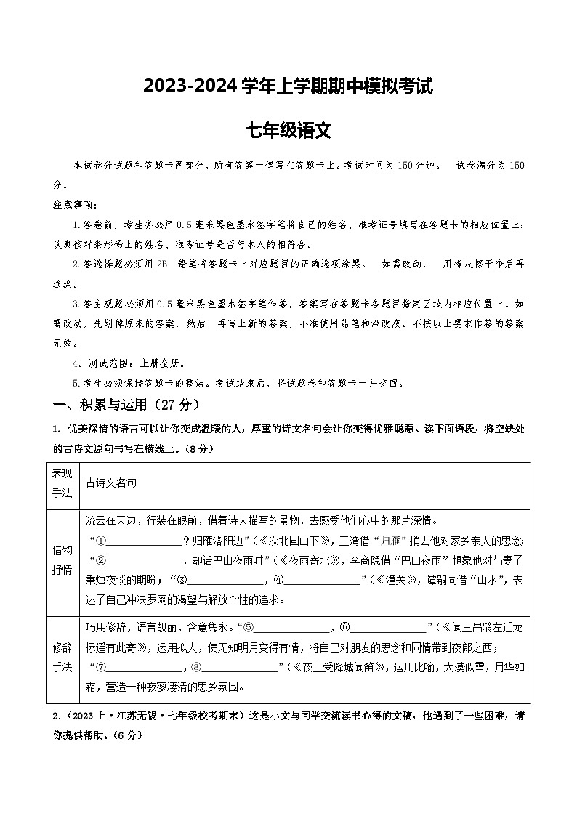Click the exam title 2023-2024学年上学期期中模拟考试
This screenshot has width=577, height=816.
(288, 86)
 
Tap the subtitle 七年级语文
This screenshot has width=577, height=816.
(288, 131)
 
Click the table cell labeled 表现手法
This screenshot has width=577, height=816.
(62, 482)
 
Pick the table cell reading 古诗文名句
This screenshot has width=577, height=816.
(110, 482)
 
